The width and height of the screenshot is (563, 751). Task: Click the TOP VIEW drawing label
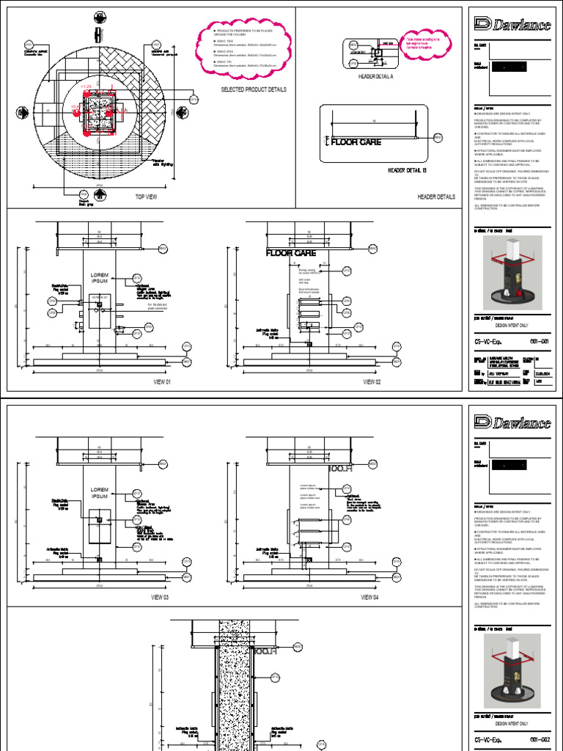(147, 197)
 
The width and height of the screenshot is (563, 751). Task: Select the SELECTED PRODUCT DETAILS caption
(254, 89)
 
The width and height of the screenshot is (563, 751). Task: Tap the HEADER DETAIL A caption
(376, 76)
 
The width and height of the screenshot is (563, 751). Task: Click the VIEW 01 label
(161, 382)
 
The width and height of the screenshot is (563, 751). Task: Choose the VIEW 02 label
(371, 382)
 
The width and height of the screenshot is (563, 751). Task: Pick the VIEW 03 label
(161, 597)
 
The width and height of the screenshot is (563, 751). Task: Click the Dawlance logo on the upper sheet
(512, 25)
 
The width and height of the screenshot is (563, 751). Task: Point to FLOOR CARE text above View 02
(290, 253)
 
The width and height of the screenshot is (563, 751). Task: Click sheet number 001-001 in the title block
(539, 342)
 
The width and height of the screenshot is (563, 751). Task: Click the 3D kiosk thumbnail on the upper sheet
(512, 270)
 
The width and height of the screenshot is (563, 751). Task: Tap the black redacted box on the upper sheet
(520, 67)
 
